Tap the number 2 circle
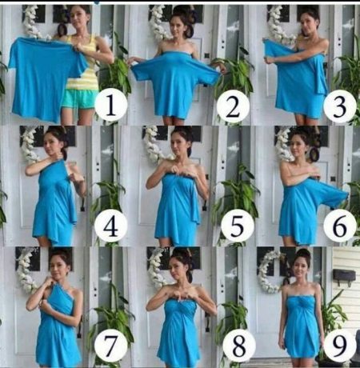click(x=231, y=105)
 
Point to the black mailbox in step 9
click(x=345, y=277)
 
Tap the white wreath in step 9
click(x=268, y=272)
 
